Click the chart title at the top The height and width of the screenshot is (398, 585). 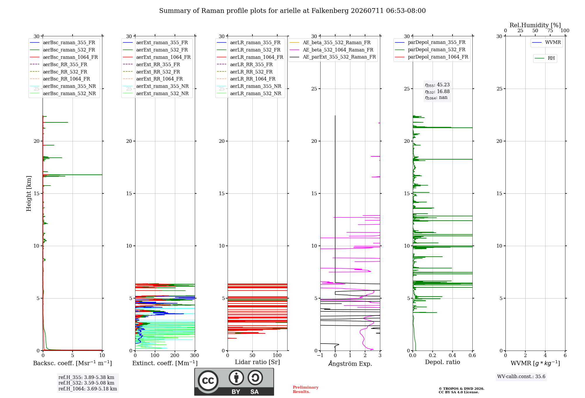coord(292,11)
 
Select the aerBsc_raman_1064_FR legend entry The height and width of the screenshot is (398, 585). coord(64,57)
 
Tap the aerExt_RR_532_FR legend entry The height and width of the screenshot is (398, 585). coord(151,72)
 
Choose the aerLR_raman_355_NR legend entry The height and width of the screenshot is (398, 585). coord(249,86)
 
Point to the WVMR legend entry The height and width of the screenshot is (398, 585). coord(546,42)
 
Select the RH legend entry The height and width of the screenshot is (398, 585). coord(545,58)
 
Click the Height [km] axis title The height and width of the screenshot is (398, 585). coord(29,193)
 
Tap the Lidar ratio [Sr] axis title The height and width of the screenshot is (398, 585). coord(257,362)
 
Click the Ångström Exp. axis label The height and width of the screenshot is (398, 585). coord(350,363)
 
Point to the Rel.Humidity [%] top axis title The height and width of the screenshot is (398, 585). coord(535,25)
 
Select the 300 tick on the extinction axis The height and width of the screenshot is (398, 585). coord(195,356)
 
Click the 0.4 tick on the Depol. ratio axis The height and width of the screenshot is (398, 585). coord(452,356)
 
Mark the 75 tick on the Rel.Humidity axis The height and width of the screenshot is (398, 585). coord(550,30)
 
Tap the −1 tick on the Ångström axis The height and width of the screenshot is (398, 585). coord(320,356)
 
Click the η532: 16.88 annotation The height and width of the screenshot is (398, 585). coord(437,92)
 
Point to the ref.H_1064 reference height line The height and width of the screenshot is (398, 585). coord(88,389)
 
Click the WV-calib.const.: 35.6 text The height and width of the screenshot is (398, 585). coord(521,377)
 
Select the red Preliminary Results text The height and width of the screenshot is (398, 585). coord(306,390)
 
